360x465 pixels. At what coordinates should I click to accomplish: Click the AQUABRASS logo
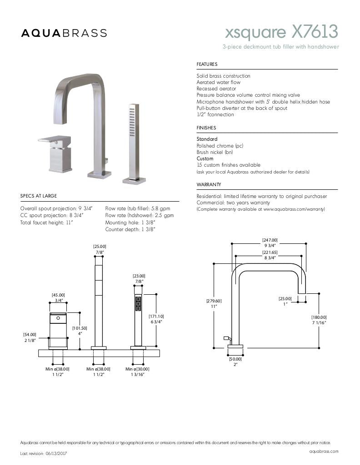point(64,33)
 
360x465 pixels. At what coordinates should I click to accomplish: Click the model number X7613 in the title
point(315,32)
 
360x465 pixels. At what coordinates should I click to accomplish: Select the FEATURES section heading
point(207,64)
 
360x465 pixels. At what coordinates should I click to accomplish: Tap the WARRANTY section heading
point(209,185)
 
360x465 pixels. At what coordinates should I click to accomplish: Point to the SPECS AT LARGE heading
point(39,196)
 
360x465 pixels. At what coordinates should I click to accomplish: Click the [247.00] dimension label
point(270,240)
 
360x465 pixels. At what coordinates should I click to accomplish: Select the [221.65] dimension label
point(270,252)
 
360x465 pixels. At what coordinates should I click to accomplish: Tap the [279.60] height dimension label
point(214,301)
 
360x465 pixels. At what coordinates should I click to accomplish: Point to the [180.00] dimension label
point(319,317)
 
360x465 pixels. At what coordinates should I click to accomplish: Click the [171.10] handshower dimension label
point(156,316)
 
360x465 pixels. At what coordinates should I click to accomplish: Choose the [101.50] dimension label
point(80,328)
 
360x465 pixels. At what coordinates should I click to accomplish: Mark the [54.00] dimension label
point(30,335)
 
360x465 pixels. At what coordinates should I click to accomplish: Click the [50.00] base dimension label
point(235,359)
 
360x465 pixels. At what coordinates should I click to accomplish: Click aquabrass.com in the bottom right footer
point(324,451)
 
